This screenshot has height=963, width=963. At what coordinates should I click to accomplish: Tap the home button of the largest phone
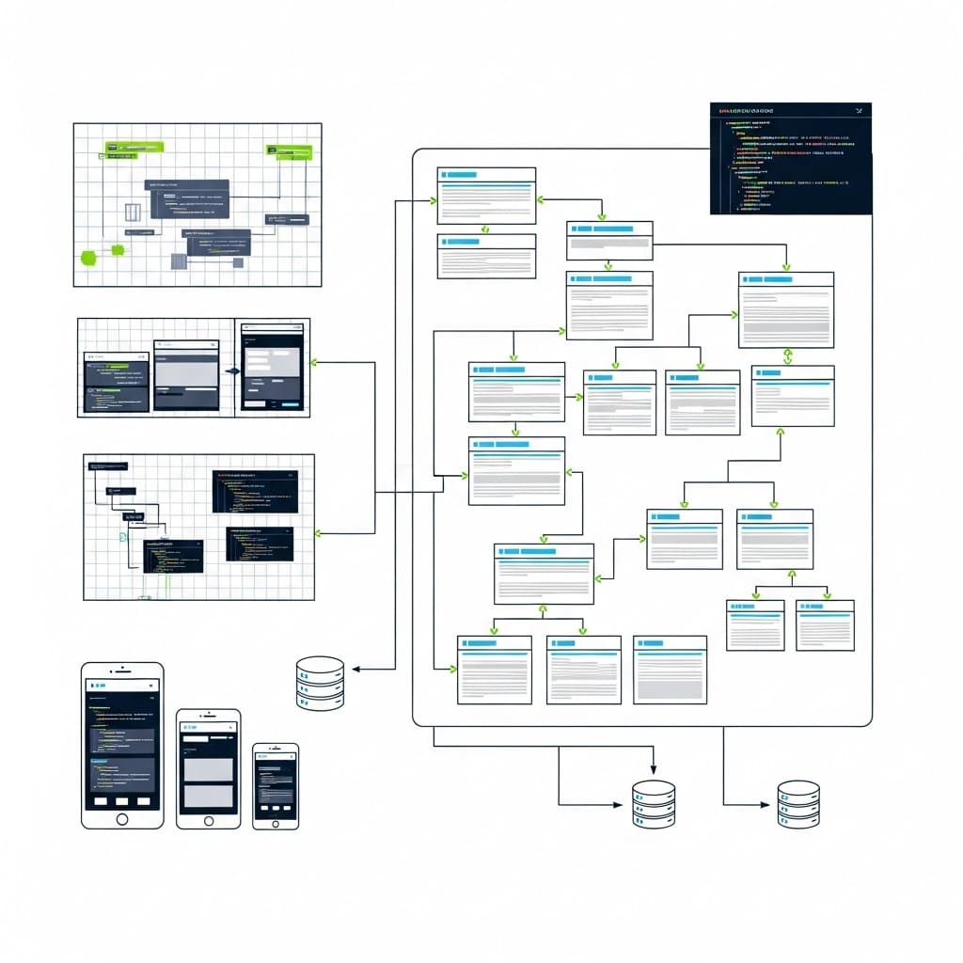point(121,818)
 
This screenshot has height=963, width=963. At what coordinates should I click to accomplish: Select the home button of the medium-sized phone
point(208,819)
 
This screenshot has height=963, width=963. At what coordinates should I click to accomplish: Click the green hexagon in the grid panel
point(89,257)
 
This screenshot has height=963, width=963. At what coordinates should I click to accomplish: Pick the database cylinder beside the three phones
point(320,683)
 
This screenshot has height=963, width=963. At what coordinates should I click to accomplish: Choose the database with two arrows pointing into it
point(654,804)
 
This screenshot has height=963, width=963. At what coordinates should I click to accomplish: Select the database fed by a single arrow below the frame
point(798,804)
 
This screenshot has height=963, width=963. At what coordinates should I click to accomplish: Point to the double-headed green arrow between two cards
point(788,356)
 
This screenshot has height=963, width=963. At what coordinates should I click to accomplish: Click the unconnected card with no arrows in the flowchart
point(670,670)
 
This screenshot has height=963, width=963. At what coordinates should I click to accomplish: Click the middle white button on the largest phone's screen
point(121,800)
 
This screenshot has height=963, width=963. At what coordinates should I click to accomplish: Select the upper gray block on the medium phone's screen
point(208,769)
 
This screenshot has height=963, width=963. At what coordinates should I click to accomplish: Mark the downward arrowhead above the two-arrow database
point(653,768)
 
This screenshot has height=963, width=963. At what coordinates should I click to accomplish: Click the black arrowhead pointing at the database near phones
point(355,670)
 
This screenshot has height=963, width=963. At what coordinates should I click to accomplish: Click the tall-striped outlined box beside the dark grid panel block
point(133,213)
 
